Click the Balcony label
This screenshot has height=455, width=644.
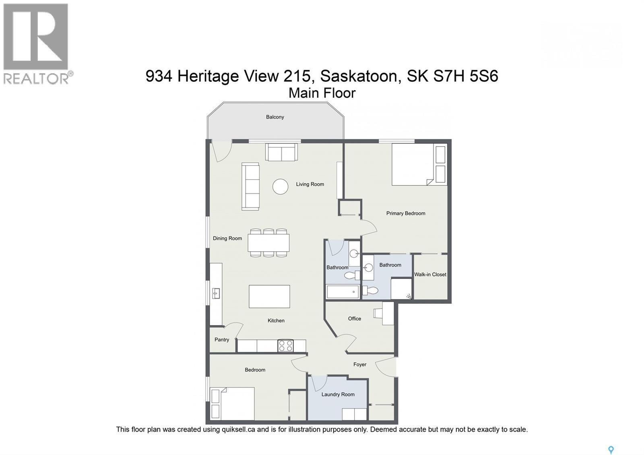click(x=275, y=117)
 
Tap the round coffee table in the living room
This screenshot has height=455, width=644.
click(x=280, y=186)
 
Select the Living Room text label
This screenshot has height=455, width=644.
click(x=310, y=184)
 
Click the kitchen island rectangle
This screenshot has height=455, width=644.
click(x=269, y=296)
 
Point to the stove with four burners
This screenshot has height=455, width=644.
click(x=286, y=346)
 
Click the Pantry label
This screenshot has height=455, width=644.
click(x=222, y=340)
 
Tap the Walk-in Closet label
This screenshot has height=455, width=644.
click(x=430, y=275)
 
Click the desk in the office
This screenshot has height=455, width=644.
click(x=388, y=314)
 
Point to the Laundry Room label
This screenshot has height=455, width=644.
click(x=338, y=395)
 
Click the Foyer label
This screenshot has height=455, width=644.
click(x=360, y=365)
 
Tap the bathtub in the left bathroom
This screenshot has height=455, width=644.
click(x=343, y=292)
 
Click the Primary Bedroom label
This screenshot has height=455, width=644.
click(x=406, y=213)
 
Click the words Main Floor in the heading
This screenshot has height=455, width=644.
click(x=322, y=93)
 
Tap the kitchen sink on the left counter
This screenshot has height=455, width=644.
click(x=216, y=294)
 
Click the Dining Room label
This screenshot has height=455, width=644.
click(x=227, y=238)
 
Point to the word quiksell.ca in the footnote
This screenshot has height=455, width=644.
click(x=238, y=430)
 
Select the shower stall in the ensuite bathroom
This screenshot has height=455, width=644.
click(x=401, y=289)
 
